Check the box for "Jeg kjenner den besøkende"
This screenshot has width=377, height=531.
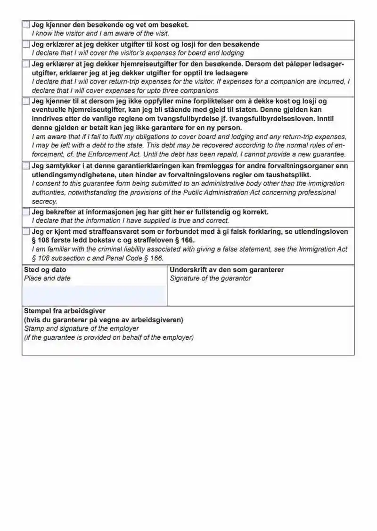tap(26, 25)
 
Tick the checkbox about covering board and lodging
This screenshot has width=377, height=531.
tap(26, 44)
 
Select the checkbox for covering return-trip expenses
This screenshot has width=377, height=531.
tap(26, 64)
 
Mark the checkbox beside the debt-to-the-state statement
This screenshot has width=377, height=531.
tap(26, 101)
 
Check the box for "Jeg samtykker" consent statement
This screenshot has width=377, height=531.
tap(26, 166)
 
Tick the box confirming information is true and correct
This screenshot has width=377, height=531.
tap(26, 212)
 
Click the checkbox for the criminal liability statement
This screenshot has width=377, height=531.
tap(26, 232)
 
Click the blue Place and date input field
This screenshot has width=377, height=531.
tap(94, 295)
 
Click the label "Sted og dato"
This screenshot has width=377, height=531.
tap(45, 270)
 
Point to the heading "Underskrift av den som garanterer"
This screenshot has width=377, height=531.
tap(227, 270)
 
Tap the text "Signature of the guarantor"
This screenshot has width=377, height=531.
tap(211, 278)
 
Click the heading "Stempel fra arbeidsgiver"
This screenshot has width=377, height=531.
tap(65, 311)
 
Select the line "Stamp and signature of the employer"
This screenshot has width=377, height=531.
tap(82, 328)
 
